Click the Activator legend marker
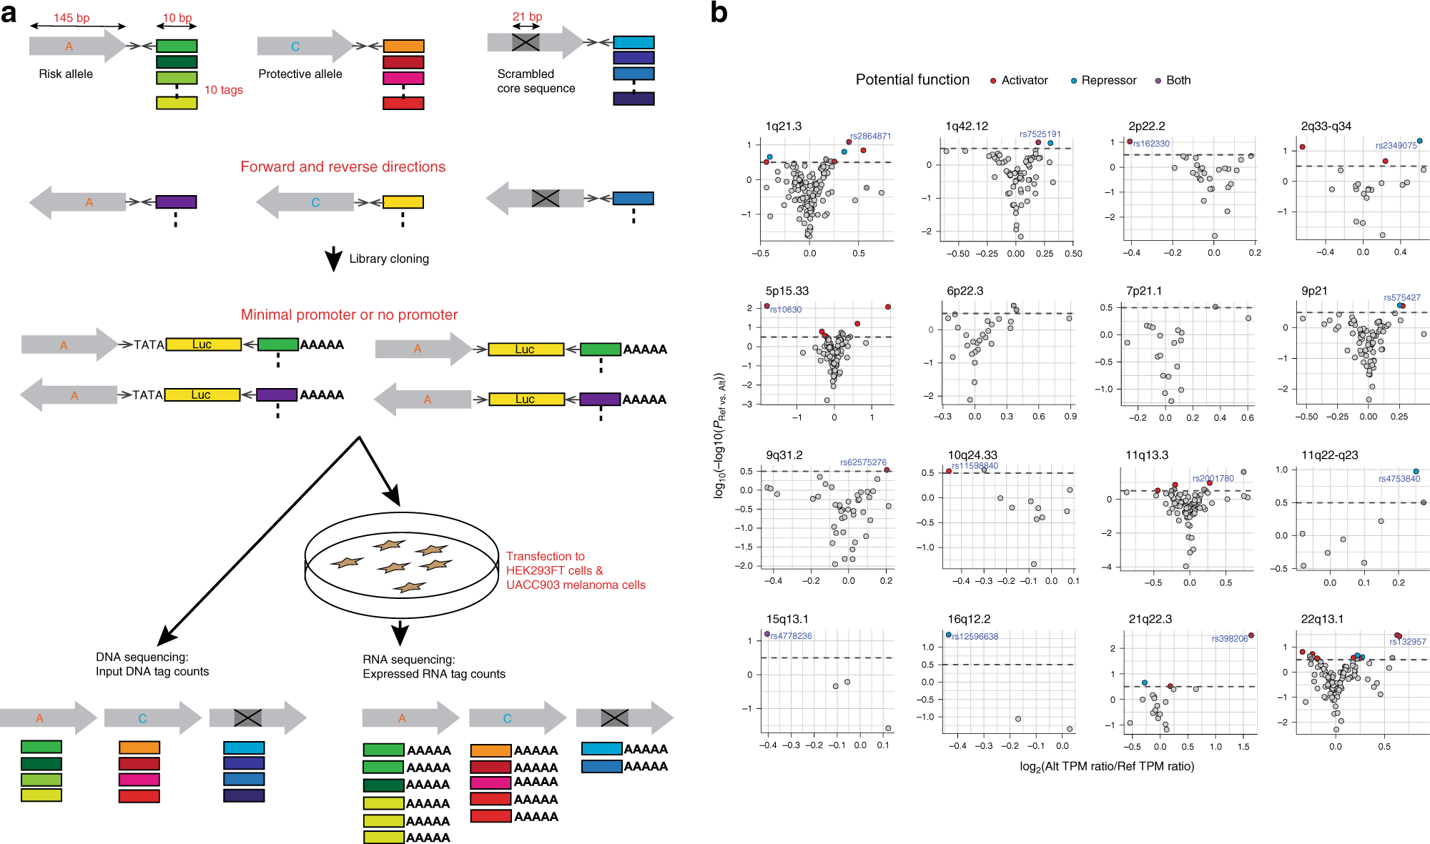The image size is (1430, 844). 992,81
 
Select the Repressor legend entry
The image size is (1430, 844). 1108,80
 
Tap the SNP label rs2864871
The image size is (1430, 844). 870,136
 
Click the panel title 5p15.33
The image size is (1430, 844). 786,291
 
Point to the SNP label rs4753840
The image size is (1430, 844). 1399,479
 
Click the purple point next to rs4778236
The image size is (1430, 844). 767,634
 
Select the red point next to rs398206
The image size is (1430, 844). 1251,635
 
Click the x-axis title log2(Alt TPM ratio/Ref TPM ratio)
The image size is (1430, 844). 1106,766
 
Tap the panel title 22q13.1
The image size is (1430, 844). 1321,619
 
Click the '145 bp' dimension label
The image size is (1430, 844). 71,18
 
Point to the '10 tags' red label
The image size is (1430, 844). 223,90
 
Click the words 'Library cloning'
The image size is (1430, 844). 389,259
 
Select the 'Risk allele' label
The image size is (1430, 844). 66,74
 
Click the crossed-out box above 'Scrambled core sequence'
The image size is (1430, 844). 526,42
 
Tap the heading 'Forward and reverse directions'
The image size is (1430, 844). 342,167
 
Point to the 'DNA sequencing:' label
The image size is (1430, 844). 142,657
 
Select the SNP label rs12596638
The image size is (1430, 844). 975,636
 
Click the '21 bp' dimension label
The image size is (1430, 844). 527,16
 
